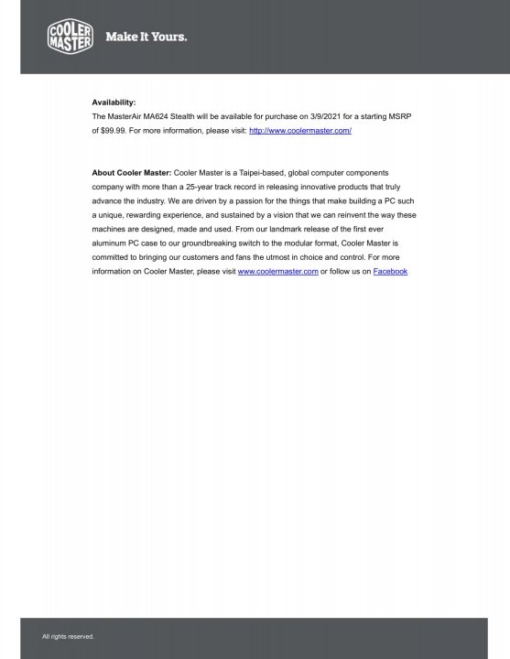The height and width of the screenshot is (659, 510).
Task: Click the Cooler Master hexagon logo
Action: [x=70, y=37]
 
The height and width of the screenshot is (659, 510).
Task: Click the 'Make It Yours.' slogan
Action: [x=146, y=38]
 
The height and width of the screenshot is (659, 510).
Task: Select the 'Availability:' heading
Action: [x=114, y=103]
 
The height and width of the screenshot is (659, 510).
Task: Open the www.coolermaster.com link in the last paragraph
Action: [x=277, y=272]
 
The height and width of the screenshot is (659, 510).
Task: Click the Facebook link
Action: [x=390, y=272]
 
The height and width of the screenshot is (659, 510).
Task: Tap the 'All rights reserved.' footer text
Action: [x=68, y=636]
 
